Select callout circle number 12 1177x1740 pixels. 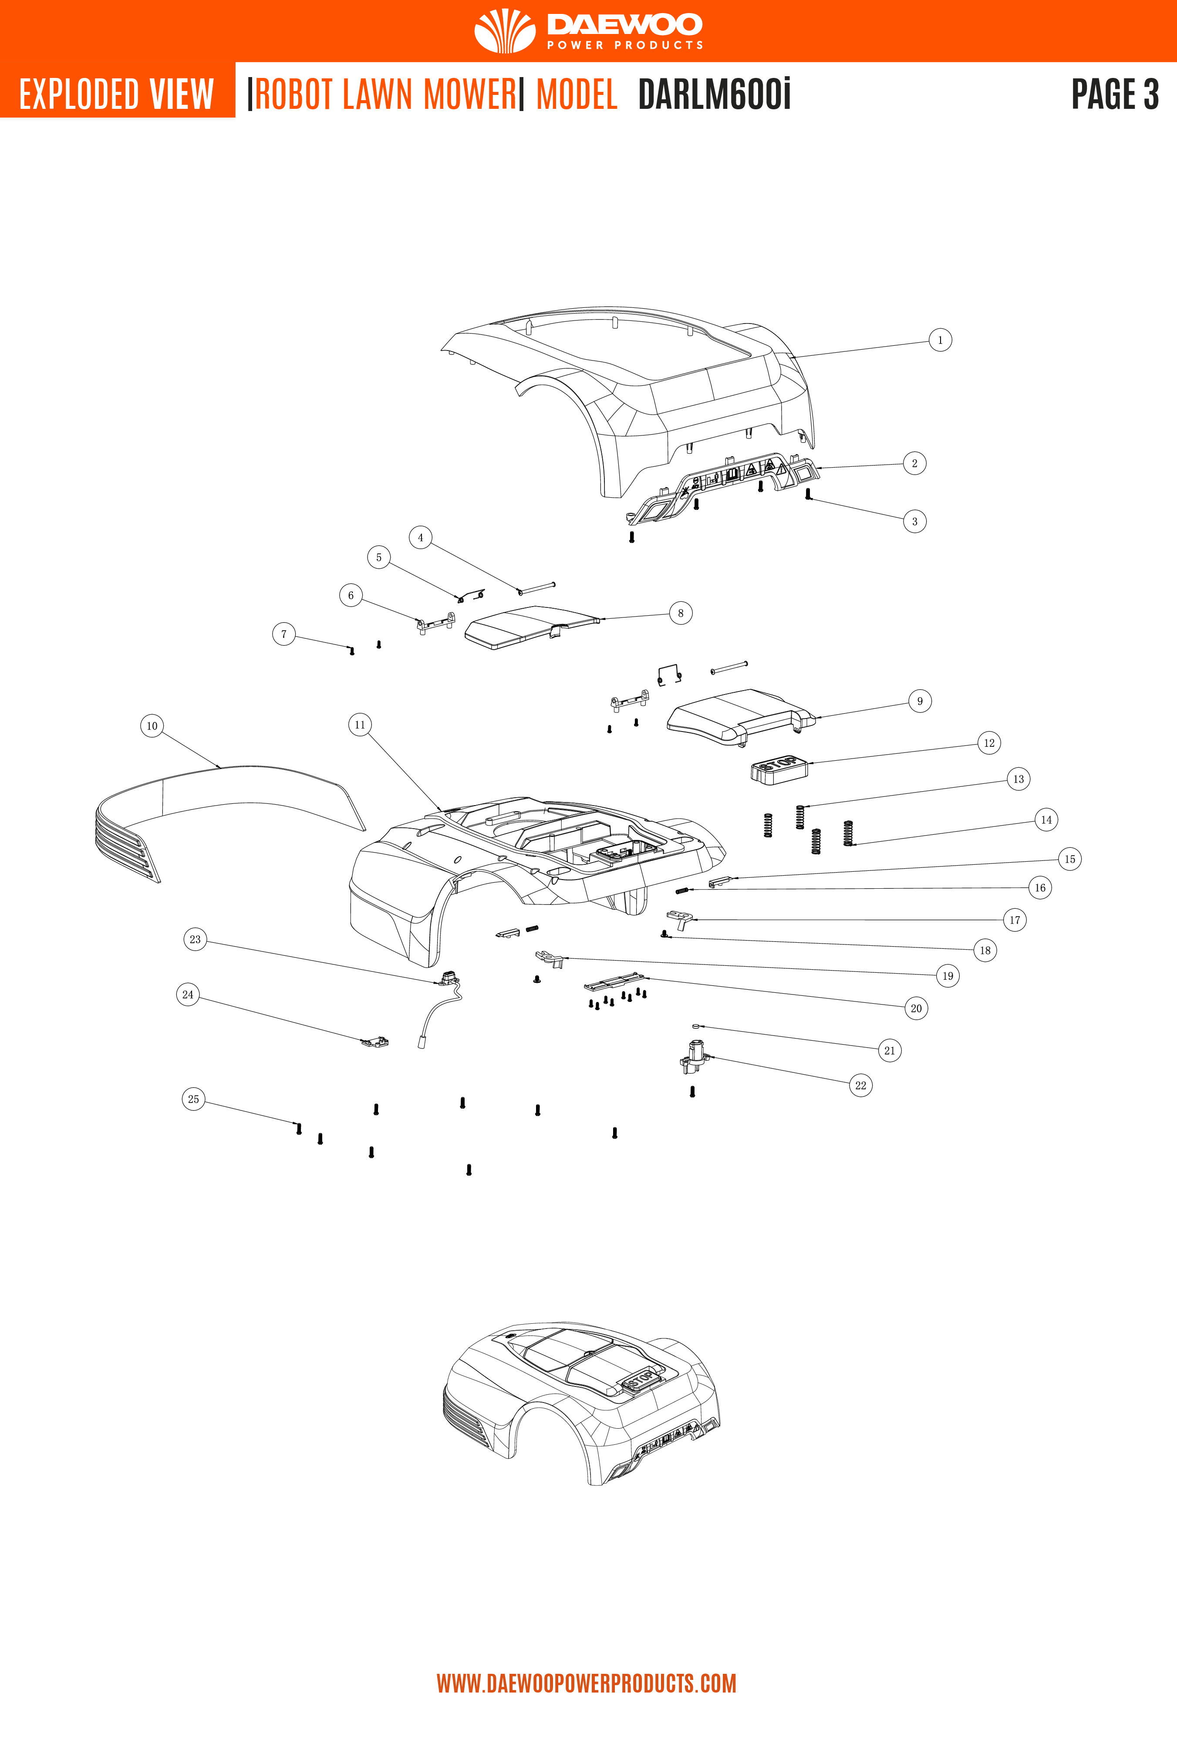pyautogui.click(x=988, y=743)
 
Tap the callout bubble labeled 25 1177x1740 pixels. pyautogui.click(x=193, y=1099)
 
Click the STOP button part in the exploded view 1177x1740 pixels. pyautogui.click(x=779, y=769)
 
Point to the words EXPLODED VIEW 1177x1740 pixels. pyautogui.click(x=117, y=94)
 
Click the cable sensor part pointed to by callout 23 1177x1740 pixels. pyautogui.click(x=450, y=978)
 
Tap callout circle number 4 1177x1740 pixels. pyautogui.click(x=420, y=538)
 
